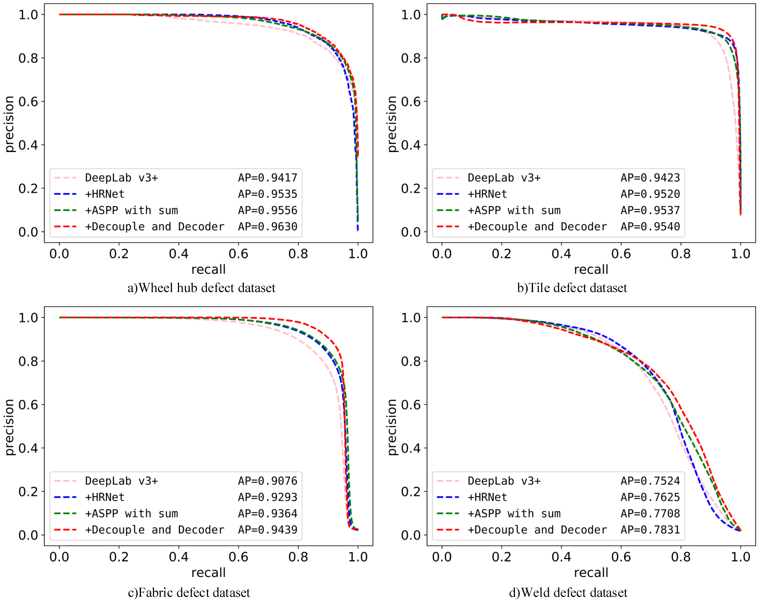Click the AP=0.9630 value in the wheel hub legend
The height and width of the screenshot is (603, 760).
click(267, 227)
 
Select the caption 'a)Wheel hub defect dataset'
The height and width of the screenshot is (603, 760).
click(201, 288)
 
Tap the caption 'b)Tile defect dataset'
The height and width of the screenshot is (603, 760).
click(572, 288)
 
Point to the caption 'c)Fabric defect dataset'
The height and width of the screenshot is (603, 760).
click(189, 592)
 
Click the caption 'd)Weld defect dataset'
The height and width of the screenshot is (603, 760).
click(568, 592)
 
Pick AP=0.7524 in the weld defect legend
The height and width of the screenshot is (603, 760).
click(650, 481)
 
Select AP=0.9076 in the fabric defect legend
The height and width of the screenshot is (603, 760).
click(267, 481)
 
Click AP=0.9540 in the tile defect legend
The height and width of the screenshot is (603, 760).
click(650, 227)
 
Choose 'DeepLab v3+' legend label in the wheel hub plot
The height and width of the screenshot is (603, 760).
click(122, 178)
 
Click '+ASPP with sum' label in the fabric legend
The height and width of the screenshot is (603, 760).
click(131, 513)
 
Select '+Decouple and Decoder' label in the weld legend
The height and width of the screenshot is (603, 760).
click(537, 530)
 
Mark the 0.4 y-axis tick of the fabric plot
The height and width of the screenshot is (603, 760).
click(28, 448)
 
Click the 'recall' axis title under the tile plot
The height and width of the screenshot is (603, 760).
click(591, 270)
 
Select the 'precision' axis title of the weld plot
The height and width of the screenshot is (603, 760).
click(392, 427)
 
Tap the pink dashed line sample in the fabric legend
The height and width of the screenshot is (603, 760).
click(66, 481)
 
